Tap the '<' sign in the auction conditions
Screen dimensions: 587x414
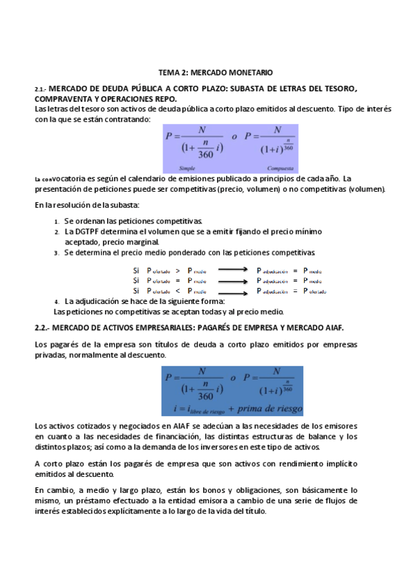coord(178,291)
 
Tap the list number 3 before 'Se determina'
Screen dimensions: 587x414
coord(57,253)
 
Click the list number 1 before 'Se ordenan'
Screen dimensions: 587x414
coord(57,221)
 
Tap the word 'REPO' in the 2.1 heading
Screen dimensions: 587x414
coord(163,99)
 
